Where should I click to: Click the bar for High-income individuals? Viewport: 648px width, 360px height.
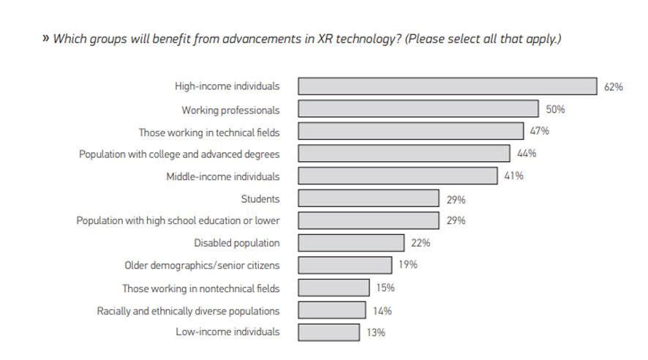447,86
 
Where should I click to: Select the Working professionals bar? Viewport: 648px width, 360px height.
418,110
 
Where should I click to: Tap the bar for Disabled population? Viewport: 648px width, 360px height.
351,243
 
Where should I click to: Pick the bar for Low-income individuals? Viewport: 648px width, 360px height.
328,332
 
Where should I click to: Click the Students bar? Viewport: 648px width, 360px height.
369,199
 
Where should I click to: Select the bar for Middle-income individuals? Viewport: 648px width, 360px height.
397,176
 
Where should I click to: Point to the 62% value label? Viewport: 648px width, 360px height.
613,87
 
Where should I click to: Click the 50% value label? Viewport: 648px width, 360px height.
555,110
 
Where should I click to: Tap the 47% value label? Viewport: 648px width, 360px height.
540,132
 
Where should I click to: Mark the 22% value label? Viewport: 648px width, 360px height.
421,243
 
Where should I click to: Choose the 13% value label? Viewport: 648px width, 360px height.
375,332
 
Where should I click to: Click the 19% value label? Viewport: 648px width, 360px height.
408,265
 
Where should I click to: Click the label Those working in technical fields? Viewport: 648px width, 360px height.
209,132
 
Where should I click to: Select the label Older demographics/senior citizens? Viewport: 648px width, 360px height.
202,266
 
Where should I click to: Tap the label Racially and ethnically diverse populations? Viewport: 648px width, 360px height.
188,311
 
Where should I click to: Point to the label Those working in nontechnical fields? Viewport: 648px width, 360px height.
200,288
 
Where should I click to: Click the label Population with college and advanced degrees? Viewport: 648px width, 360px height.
179,154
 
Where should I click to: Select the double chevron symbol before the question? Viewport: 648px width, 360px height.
45,39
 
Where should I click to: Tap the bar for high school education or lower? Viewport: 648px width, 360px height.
369,220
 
